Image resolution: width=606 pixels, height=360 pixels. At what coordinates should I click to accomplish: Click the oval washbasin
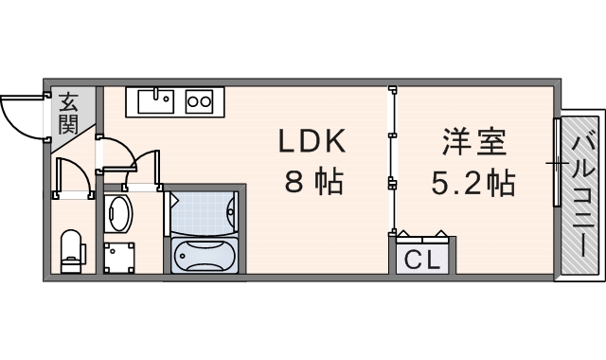[x=116, y=213]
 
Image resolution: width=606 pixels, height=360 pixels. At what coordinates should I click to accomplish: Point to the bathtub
[x=205, y=255]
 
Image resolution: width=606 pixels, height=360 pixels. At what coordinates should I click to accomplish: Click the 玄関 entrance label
[x=69, y=112]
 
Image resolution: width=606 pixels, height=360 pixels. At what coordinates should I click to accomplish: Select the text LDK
[x=312, y=143]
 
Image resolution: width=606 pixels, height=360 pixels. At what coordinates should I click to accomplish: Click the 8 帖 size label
[x=313, y=181]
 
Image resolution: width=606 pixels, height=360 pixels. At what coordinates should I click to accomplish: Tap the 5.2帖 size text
[x=473, y=181]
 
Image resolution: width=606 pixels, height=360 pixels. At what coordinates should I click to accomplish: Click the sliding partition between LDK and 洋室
[x=391, y=161]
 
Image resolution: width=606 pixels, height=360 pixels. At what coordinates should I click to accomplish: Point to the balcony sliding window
[x=557, y=161]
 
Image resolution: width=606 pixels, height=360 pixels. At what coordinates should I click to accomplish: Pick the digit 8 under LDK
[x=294, y=181]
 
